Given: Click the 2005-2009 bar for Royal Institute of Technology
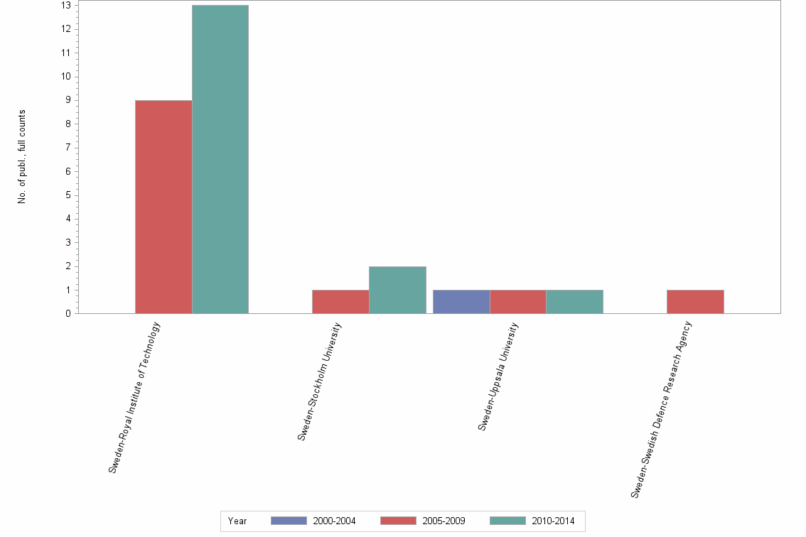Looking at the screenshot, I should tap(163, 207).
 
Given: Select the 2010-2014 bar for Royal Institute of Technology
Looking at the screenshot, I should tap(220, 159).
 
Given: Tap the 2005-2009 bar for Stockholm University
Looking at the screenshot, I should tap(340, 302).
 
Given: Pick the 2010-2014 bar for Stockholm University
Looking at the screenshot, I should tap(397, 290).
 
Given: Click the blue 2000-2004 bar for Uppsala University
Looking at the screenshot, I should tap(461, 302).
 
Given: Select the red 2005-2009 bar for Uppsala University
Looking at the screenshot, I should tap(517, 302).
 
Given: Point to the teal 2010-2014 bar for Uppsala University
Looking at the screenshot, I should tap(574, 302).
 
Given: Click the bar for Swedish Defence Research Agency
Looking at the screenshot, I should tap(695, 302).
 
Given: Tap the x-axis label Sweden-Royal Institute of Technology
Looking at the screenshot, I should tap(135, 398).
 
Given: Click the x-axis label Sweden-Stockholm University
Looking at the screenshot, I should tap(320, 381).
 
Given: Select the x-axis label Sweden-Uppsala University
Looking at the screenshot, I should tap(498, 376).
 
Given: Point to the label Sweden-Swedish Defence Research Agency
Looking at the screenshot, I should tap(661, 409).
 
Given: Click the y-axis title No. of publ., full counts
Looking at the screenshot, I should tap(22, 157).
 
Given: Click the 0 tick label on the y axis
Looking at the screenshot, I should tap(68, 314).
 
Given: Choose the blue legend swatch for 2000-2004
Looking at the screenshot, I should tap(289, 521).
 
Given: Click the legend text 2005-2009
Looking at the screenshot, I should tap(444, 521).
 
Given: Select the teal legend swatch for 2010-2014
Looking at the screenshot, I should tap(508, 521).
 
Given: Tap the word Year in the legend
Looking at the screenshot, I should tap(237, 521).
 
